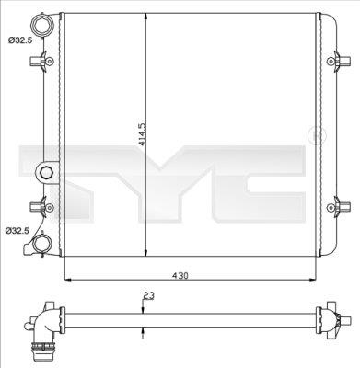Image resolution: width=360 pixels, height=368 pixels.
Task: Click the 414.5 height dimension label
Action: pyautogui.click(x=141, y=136)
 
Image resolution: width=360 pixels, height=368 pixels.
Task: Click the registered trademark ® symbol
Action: pyautogui.click(x=318, y=137)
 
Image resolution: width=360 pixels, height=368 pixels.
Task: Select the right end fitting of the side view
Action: pyautogui.click(x=331, y=321)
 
